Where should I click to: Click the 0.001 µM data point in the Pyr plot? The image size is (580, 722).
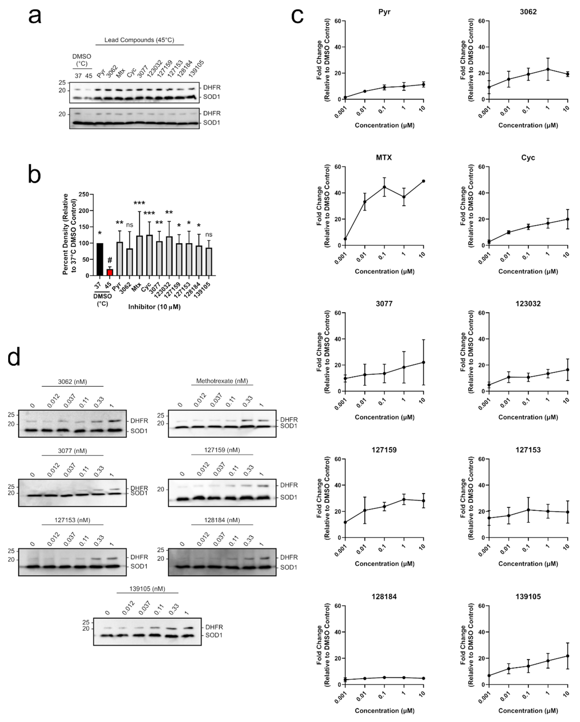(345, 97)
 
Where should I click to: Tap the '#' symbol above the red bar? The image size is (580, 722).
(110, 260)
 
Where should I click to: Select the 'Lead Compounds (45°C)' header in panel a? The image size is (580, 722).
(139, 40)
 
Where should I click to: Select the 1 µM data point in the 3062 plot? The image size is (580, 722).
(548, 69)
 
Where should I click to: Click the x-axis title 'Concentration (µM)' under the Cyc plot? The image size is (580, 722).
(528, 271)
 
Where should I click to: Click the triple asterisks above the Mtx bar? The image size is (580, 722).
(139, 203)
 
